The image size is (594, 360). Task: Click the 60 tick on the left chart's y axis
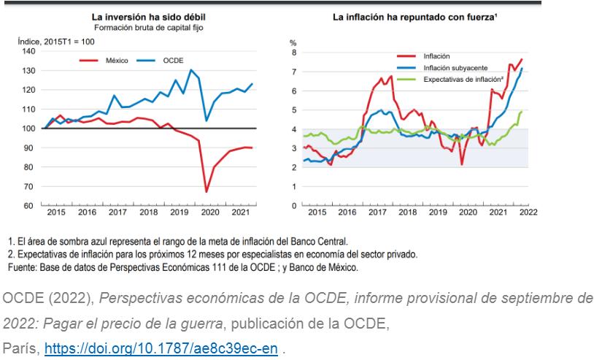click(28, 205)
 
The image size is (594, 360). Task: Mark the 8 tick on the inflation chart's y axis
click(293, 53)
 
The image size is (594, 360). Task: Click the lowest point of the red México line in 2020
click(207, 192)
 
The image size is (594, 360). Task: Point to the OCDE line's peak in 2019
click(191, 70)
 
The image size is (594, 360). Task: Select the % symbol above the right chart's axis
click(293, 43)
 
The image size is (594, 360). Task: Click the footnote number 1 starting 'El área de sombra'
click(11, 240)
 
